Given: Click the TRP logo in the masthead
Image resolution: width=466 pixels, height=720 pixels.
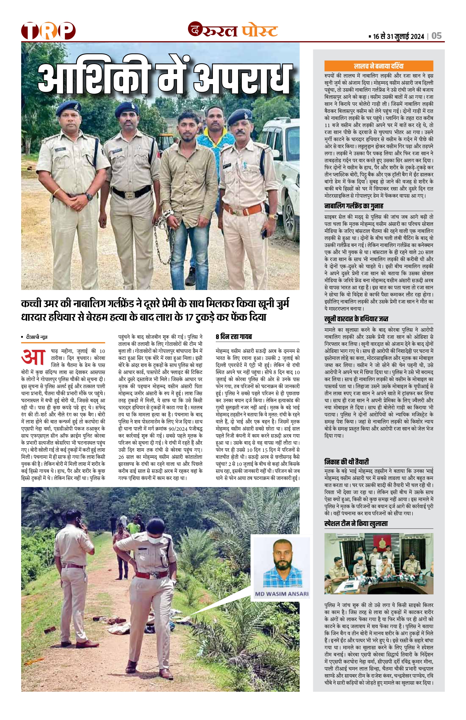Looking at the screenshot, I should (x=48, y=30).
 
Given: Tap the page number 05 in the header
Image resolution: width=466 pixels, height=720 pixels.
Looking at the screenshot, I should (x=437, y=36).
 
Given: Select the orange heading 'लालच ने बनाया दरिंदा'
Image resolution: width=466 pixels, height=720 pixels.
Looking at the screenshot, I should (x=378, y=66).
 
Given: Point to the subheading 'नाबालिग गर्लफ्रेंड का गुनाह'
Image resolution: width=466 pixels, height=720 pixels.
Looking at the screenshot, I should (x=354, y=206).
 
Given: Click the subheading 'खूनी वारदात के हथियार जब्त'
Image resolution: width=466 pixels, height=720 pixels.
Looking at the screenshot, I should (x=356, y=319).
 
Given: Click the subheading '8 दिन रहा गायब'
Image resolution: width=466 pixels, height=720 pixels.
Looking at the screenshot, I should (x=234, y=337).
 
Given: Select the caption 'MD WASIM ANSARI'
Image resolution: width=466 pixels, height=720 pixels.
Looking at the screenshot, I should (x=281, y=594).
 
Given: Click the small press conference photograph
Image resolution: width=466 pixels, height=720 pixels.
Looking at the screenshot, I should (x=378, y=564).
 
